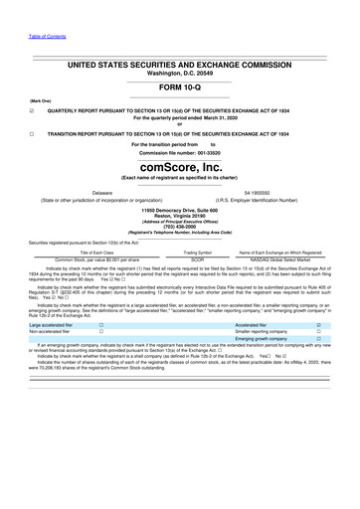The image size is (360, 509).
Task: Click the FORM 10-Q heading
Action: (179, 86)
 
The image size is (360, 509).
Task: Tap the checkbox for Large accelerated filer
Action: (101, 325)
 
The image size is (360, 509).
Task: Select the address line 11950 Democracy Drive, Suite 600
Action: (179, 210)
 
